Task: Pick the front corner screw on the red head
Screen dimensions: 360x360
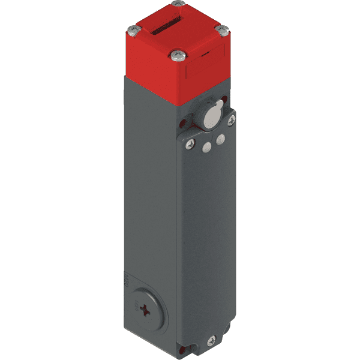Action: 175,56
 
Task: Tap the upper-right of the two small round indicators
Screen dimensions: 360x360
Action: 220,139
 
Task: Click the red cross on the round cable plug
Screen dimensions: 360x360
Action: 146,310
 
